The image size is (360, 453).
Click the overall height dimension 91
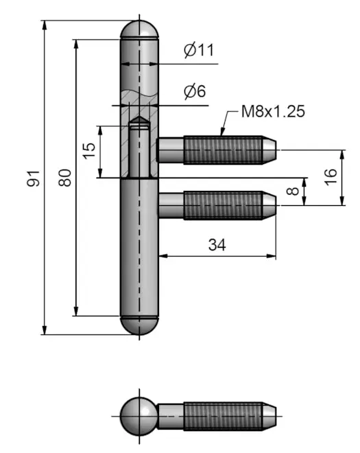(33, 178)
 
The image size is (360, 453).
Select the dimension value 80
(64, 178)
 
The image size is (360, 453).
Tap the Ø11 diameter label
(199, 50)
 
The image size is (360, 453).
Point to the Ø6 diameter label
(195, 91)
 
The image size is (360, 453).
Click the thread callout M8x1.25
(273, 111)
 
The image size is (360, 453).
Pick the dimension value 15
(89, 150)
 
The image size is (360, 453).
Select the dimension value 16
(331, 177)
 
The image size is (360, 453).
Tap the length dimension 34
(217, 245)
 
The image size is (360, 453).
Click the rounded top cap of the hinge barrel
(139, 30)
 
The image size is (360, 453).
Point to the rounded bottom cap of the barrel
(139, 325)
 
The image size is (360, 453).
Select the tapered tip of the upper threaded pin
(269, 150)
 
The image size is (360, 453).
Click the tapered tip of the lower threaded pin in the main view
(269, 205)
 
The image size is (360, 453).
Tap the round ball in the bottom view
(139, 417)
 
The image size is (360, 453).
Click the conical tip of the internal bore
(139, 120)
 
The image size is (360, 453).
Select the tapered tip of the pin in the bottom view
(269, 417)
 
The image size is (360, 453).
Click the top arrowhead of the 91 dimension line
(44, 25)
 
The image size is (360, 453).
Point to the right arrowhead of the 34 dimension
(272, 256)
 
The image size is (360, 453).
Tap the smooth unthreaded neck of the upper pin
(171, 150)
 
